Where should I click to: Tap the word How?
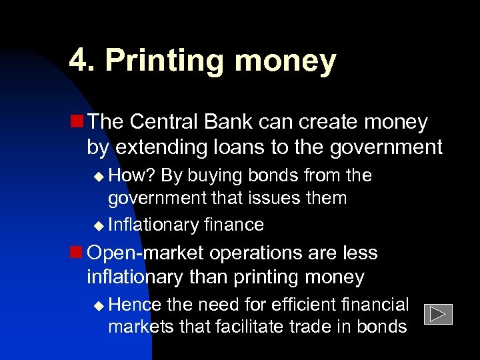pyautogui.click(x=132, y=175)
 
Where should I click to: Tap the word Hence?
pyautogui.click(x=135, y=305)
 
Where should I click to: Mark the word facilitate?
pyautogui.click(x=248, y=327)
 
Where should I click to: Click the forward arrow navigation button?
pyautogui.click(x=437, y=314)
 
